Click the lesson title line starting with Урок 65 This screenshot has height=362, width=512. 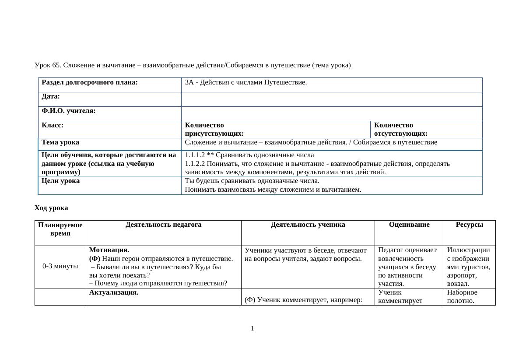(x=193, y=65)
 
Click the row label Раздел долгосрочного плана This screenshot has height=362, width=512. (x=90, y=82)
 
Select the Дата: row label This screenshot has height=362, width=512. (x=51, y=96)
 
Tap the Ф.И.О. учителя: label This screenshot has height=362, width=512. (x=69, y=111)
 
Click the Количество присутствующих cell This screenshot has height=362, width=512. (x=214, y=129)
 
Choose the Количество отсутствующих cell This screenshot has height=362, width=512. (x=400, y=129)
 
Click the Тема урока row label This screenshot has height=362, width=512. (x=60, y=142)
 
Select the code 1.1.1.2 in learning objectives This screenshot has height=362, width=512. (x=195, y=155)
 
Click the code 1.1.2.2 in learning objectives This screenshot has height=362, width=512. (x=195, y=164)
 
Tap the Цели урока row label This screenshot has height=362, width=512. (x=60, y=181)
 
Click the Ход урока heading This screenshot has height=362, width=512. (x=51, y=208)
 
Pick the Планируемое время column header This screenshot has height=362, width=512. (x=60, y=229)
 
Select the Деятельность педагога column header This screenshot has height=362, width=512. (x=163, y=225)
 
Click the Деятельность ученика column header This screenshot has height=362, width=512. (x=308, y=225)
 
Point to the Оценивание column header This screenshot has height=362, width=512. (x=409, y=225)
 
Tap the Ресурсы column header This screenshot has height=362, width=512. (x=469, y=225)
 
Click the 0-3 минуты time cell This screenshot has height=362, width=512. (x=60, y=266)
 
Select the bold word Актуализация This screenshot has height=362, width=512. (x=114, y=292)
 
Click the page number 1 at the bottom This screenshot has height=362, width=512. (x=252, y=329)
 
